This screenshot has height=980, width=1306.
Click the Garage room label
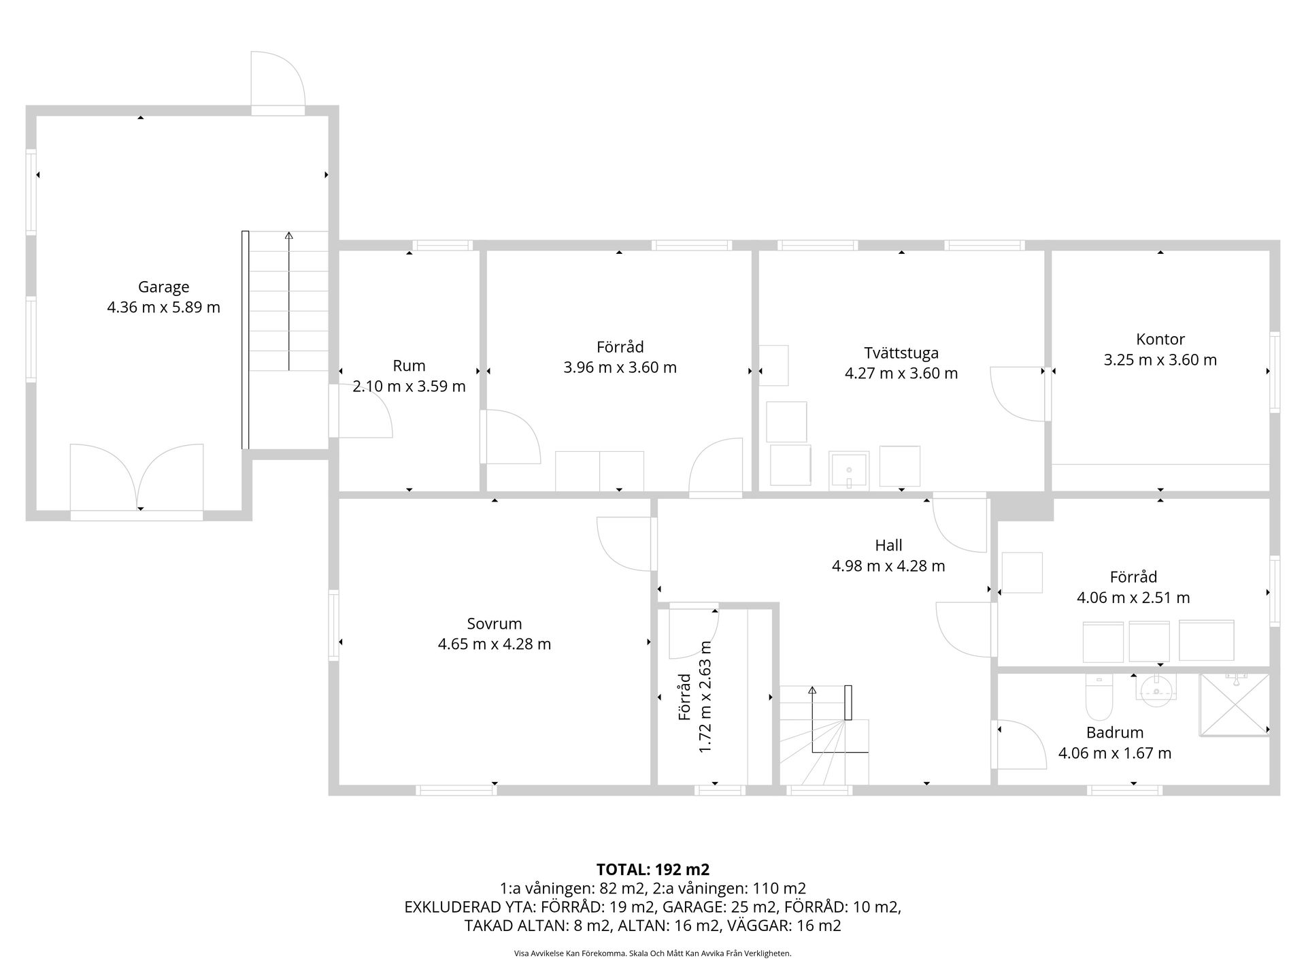point(163,287)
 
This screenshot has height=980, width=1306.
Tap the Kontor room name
point(1160,339)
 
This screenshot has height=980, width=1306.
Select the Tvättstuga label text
point(901,353)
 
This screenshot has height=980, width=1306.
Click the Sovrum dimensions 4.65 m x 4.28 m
point(495,644)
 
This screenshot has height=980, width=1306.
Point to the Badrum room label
point(1115,732)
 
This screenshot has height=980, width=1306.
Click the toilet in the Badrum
point(1099,698)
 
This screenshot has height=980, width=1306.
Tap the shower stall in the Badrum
point(1234,705)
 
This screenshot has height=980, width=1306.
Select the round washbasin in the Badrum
point(1156,688)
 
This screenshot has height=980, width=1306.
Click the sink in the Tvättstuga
point(849,470)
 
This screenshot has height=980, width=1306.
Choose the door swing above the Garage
point(278,79)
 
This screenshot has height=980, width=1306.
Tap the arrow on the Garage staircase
point(289,301)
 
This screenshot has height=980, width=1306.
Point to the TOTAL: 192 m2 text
point(653,869)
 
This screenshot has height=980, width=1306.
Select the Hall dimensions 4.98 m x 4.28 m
point(888,566)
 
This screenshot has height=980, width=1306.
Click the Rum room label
point(409,365)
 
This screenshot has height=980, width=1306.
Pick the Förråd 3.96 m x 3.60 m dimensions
point(620,367)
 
